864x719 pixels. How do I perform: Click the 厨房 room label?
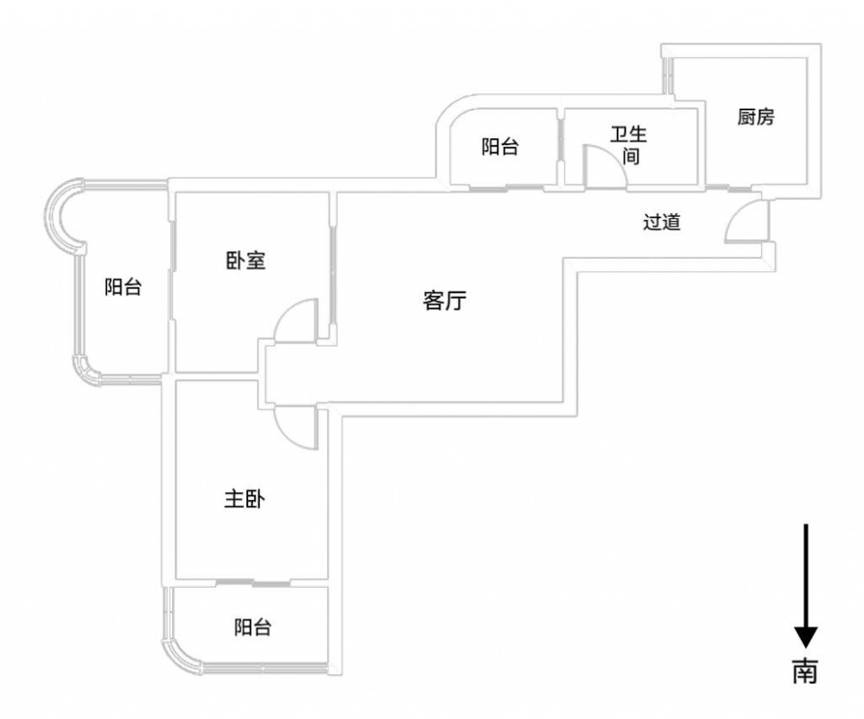pyautogui.click(x=756, y=118)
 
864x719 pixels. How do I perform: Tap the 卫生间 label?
pyautogui.click(x=629, y=146)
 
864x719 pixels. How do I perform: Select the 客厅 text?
pyautogui.click(x=445, y=301)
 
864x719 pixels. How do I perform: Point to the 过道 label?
pyautogui.click(x=663, y=222)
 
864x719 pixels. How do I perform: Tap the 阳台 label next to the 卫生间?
pyautogui.click(x=500, y=147)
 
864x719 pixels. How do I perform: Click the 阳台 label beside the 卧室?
pyautogui.click(x=124, y=288)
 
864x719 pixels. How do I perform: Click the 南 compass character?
pyautogui.click(x=805, y=670)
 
